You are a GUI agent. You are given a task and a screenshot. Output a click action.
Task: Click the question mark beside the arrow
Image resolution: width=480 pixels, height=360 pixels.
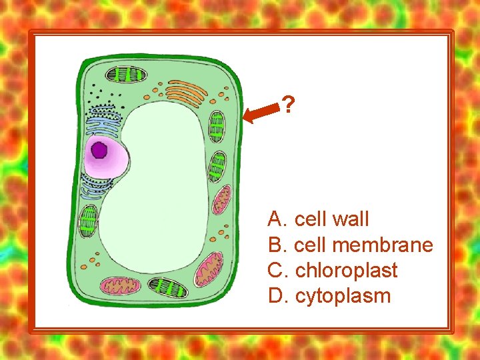point(288,104)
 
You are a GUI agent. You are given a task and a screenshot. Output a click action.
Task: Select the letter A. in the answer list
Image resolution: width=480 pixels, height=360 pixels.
point(277,219)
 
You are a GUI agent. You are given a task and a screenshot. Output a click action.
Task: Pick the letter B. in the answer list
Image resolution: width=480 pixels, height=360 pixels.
point(277,245)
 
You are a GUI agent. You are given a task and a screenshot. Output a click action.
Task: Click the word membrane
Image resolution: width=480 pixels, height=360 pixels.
point(381,245)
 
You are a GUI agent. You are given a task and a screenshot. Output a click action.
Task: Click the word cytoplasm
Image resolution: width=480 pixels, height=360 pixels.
point(343,296)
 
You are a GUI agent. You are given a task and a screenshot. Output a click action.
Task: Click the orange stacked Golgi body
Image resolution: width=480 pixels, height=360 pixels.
point(185,93)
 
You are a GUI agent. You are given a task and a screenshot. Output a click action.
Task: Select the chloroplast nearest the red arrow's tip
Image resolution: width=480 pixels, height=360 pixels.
point(217,125)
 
